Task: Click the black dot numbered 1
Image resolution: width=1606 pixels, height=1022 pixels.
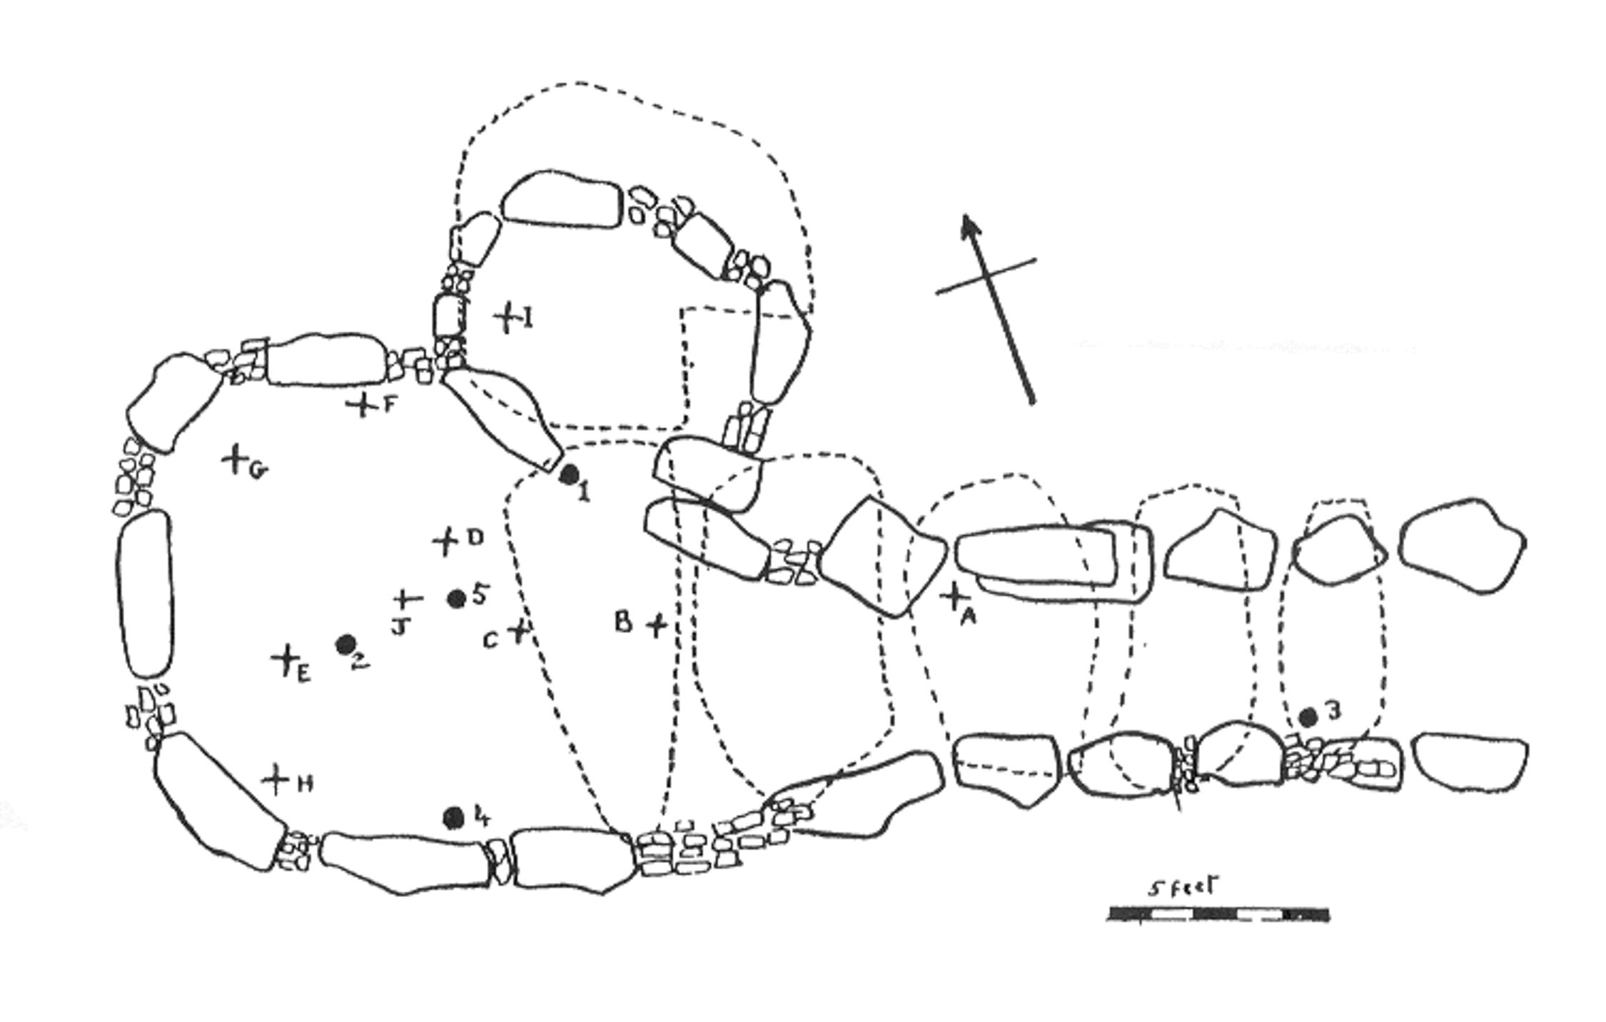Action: point(568,474)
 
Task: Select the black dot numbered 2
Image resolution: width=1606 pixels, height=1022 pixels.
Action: point(346,644)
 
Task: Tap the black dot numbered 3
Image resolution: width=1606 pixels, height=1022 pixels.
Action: point(1308,717)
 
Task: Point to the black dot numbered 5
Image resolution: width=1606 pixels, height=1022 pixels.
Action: point(457,599)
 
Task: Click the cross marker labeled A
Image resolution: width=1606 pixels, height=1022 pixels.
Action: point(953,597)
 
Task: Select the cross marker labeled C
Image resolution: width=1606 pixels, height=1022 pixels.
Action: point(519,632)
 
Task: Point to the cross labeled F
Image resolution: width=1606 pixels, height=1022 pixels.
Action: point(363,405)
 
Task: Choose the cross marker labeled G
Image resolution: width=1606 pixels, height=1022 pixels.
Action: point(235,458)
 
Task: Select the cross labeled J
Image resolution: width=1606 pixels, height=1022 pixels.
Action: point(408,598)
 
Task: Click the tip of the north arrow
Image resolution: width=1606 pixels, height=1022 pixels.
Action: point(965,216)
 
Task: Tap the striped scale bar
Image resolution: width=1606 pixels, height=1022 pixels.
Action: point(1218,914)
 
